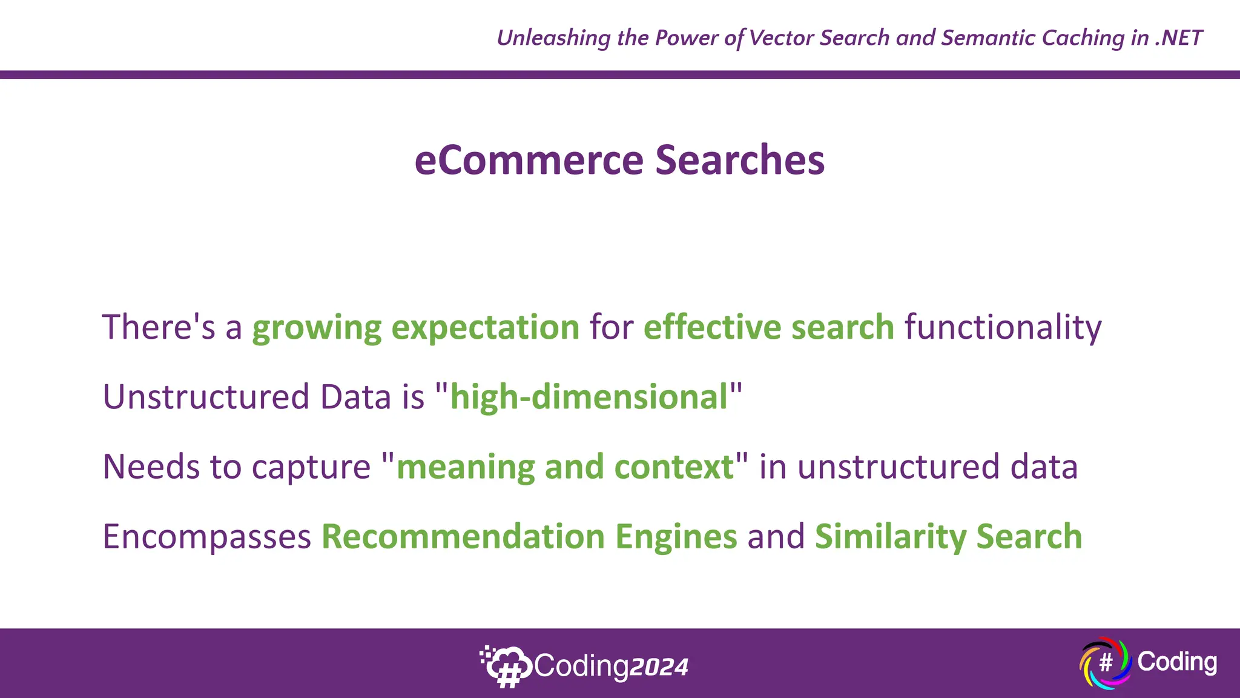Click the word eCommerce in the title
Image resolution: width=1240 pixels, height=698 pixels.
pos(528,161)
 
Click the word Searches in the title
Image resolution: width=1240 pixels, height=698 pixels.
pos(740,161)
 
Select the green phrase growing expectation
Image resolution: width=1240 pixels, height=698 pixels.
pos(416,328)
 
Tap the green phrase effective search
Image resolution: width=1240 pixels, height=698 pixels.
pos(768,327)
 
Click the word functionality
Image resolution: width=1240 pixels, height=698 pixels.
pos(1003,328)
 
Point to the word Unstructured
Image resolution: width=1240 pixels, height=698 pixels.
pos(206,397)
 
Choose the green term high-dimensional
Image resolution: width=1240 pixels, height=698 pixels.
pos(589,397)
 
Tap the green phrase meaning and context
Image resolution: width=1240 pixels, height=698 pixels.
pos(564,467)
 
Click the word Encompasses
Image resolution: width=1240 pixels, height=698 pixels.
pos(206,537)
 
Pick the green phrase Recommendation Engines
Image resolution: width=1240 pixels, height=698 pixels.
pos(529,537)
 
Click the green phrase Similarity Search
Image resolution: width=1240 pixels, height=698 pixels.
pos(948,537)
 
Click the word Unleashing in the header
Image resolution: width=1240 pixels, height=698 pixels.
pos(554,38)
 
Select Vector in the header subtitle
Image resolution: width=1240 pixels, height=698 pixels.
pos(782,38)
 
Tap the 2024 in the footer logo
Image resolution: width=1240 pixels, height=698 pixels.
pos(659,668)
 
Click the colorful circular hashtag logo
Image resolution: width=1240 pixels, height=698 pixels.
pos(1106,663)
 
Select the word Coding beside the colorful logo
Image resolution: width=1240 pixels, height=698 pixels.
pos(1176,662)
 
